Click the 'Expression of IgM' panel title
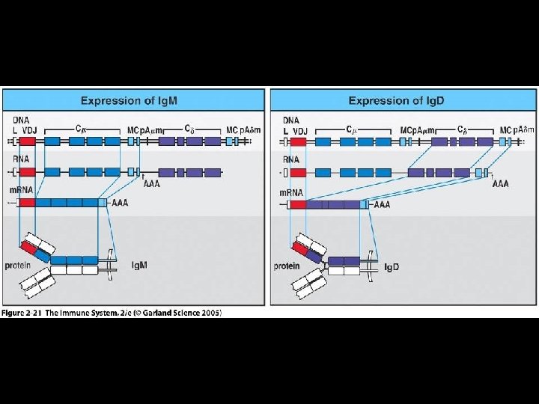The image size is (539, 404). coord(134,100)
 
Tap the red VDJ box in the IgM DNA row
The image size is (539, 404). coord(28,141)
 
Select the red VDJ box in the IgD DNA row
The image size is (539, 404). coord(297,141)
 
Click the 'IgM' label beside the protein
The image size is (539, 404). coord(139,266)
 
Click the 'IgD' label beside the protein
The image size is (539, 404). coord(392,266)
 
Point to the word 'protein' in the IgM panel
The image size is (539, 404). coord(16,266)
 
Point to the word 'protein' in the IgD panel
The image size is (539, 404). coord(287,266)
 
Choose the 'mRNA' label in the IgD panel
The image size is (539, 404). coord(291,192)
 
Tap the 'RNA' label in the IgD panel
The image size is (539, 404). coord(290,159)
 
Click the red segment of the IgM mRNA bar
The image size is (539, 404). coord(28,202)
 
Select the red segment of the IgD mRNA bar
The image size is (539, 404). coord(297,204)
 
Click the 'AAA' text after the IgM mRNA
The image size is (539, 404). coord(120,202)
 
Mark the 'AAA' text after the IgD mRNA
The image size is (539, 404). coord(382,204)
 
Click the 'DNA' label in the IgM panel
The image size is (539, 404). coord(20,120)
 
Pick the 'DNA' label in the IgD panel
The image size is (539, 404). coord(290,120)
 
